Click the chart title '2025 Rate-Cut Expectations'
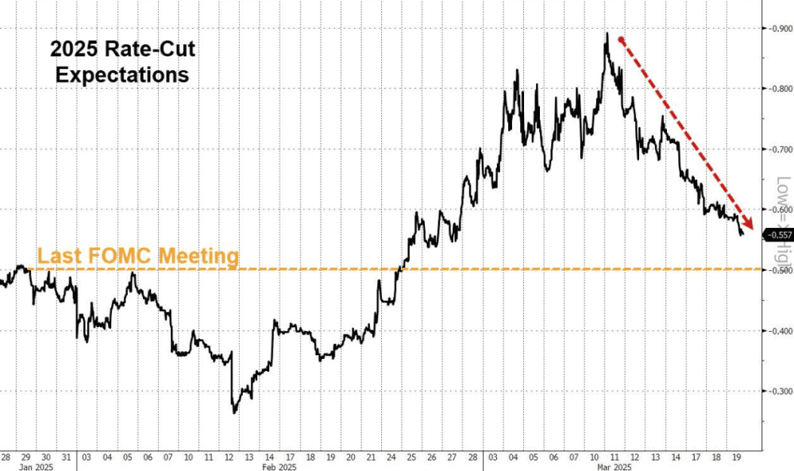click(121, 63)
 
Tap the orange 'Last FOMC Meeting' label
click(138, 256)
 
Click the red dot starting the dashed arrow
click(621, 39)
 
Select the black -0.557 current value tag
click(777, 235)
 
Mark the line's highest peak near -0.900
click(607, 34)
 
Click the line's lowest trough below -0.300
click(234, 412)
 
